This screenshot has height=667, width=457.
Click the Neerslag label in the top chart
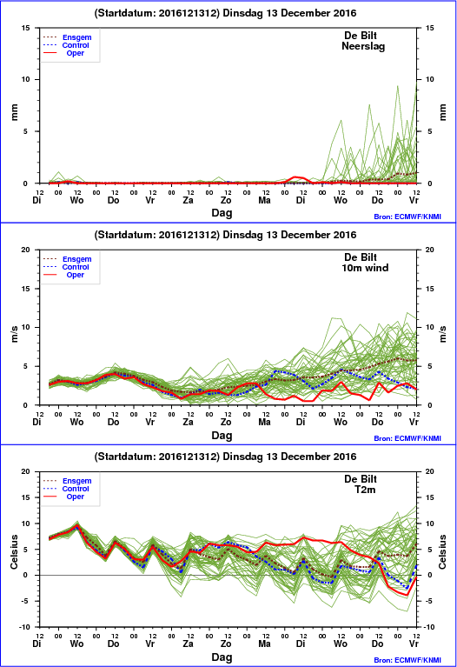(363, 46)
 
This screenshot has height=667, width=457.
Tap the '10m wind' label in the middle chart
(365, 268)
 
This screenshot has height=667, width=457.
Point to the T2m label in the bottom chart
(365, 490)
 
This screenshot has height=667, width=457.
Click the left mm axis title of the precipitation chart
(15, 112)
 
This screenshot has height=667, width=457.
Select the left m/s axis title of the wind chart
(15, 334)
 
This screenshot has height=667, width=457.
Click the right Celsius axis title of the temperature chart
(442, 551)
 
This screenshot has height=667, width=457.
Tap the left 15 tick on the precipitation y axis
(26, 28)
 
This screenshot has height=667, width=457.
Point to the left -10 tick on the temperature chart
(24, 627)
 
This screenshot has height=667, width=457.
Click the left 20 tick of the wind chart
(26, 250)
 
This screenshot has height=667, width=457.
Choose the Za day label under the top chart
(188, 200)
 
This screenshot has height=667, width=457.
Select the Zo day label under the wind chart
(226, 422)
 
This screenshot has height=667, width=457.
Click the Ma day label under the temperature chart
(264, 644)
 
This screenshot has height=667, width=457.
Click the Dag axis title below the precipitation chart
(222, 213)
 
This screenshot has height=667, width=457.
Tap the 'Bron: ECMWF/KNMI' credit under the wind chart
(407, 438)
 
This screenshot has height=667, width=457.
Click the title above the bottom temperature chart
(225, 457)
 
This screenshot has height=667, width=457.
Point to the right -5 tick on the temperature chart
(428, 601)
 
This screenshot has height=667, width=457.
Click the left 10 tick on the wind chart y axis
(26, 327)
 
